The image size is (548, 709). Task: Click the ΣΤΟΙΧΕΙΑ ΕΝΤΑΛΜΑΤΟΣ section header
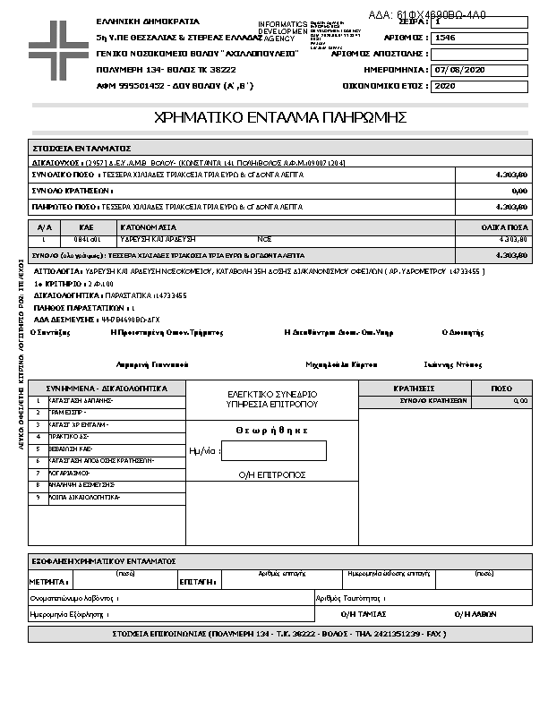[82, 148]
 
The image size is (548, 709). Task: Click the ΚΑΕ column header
[87, 227]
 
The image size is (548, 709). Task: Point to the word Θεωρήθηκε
[272, 431]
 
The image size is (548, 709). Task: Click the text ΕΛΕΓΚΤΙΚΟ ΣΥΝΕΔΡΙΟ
[272, 394]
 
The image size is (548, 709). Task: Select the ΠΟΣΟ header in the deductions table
[502, 389]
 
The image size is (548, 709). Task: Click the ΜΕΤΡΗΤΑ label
[43, 582]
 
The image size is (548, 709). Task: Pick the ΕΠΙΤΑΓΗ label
[197, 582]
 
